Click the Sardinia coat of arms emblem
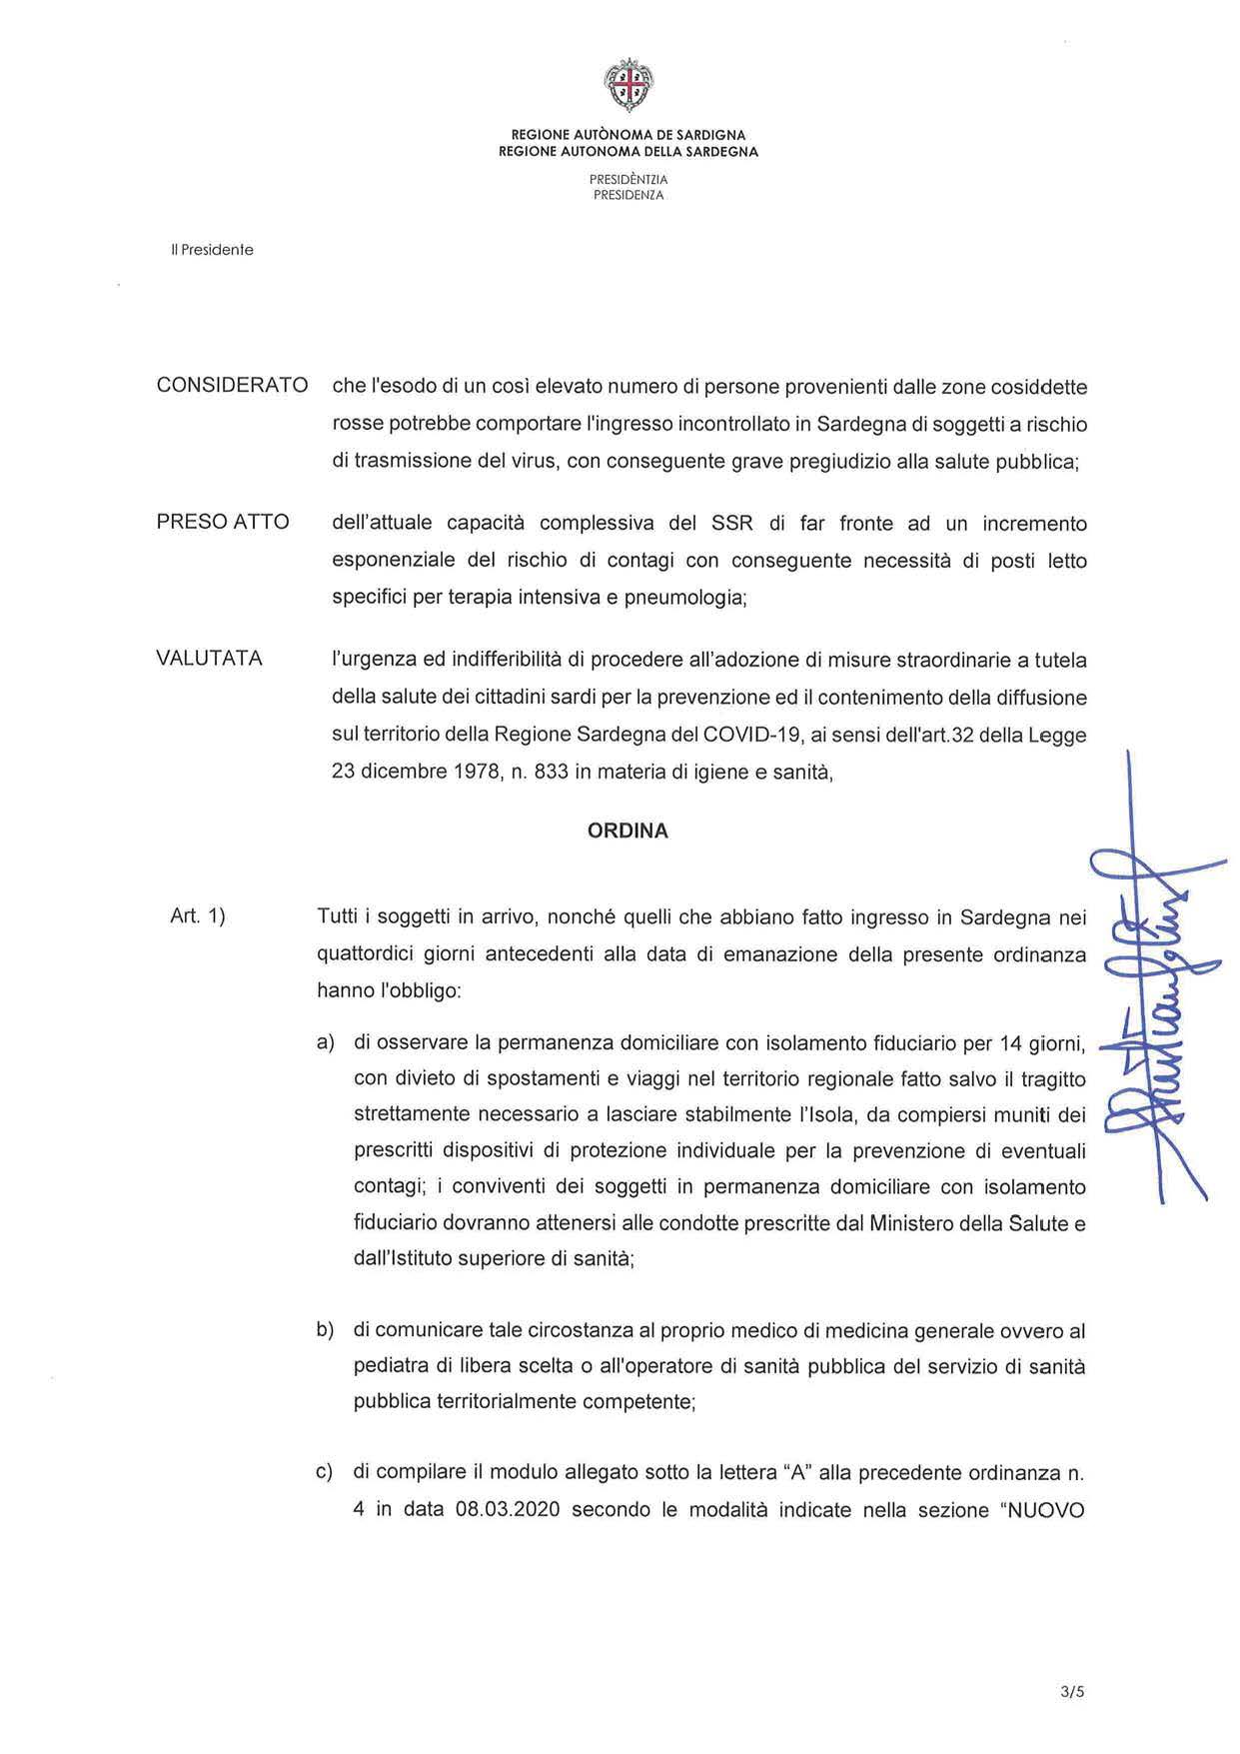pyautogui.click(x=628, y=86)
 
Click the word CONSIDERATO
pyautogui.click(x=232, y=386)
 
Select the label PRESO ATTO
pyautogui.click(x=223, y=522)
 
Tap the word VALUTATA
pyautogui.click(x=209, y=659)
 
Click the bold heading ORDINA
pyautogui.click(x=627, y=831)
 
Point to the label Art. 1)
pyautogui.click(x=198, y=915)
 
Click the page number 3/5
pyautogui.click(x=1073, y=1693)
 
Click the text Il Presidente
pyautogui.click(x=212, y=250)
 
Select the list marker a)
pyautogui.click(x=326, y=1043)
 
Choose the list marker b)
pyautogui.click(x=325, y=1330)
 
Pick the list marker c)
pyautogui.click(x=325, y=1472)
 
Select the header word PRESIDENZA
pyautogui.click(x=628, y=196)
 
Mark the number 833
pyautogui.click(x=553, y=772)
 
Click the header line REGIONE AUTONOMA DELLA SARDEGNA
pyautogui.click(x=628, y=152)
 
